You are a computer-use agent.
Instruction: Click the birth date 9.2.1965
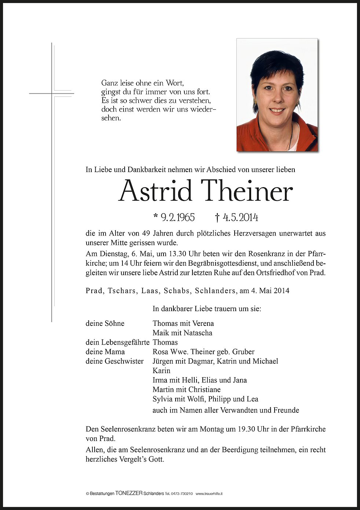(x=178, y=218)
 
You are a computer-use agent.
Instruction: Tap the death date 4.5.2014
(x=240, y=218)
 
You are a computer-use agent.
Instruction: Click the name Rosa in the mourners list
(x=161, y=352)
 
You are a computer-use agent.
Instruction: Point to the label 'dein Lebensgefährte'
(x=117, y=342)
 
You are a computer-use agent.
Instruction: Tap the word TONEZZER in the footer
(x=129, y=493)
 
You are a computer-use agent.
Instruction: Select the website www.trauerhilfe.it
(x=209, y=494)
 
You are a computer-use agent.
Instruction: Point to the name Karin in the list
(x=161, y=371)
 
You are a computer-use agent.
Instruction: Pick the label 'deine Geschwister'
(x=114, y=361)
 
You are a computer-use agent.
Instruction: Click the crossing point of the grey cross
(x=52, y=94)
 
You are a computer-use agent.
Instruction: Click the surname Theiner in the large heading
(x=248, y=191)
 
